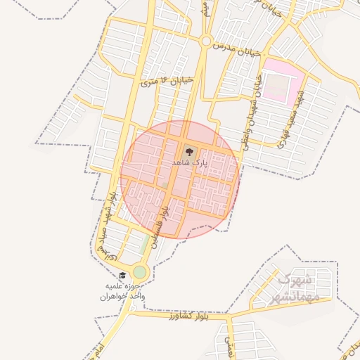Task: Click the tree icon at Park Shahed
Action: [x=188, y=150]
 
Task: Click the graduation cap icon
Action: [x=123, y=276]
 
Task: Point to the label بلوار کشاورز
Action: [x=190, y=317]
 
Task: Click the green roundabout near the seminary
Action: [x=140, y=272]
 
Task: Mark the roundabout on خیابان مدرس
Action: [x=205, y=41]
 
